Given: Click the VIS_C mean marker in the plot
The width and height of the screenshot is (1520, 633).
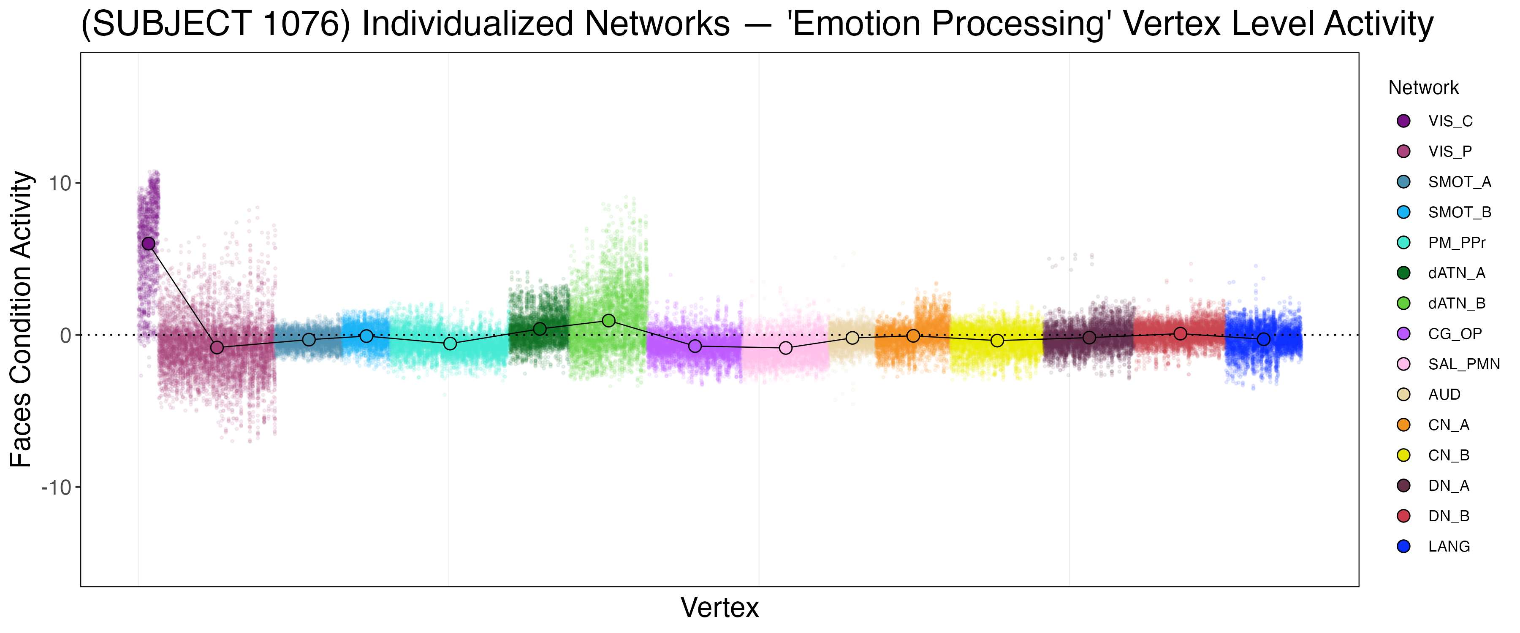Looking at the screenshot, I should pyautogui.click(x=148, y=243).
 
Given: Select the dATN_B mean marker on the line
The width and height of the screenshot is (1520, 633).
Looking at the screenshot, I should pyautogui.click(x=609, y=320).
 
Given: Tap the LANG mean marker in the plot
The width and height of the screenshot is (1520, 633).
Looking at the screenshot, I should pyautogui.click(x=1263, y=339).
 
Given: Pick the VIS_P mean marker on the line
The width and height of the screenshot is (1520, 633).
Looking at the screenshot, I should pyautogui.click(x=217, y=347).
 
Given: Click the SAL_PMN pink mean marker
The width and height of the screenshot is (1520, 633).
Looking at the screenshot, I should pyautogui.click(x=786, y=348).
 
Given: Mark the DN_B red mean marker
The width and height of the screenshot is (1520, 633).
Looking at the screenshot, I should pyautogui.click(x=1180, y=333).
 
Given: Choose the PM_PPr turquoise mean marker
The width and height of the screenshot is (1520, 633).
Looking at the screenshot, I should pyautogui.click(x=450, y=344).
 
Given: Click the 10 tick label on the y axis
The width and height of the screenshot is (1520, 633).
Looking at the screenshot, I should pyautogui.click(x=60, y=184).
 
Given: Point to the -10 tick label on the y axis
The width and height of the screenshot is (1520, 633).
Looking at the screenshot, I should pyautogui.click(x=56, y=488).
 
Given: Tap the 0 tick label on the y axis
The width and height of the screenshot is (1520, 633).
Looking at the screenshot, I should pyautogui.click(x=65, y=335).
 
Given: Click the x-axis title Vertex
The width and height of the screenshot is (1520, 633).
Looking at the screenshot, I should pyautogui.click(x=719, y=608).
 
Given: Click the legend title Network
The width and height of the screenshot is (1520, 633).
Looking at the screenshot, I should pyautogui.click(x=1423, y=88).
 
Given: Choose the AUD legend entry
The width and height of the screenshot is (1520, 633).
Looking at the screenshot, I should pyautogui.click(x=1444, y=395).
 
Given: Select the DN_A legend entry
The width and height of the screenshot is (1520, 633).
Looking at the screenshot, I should pyautogui.click(x=1449, y=486).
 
